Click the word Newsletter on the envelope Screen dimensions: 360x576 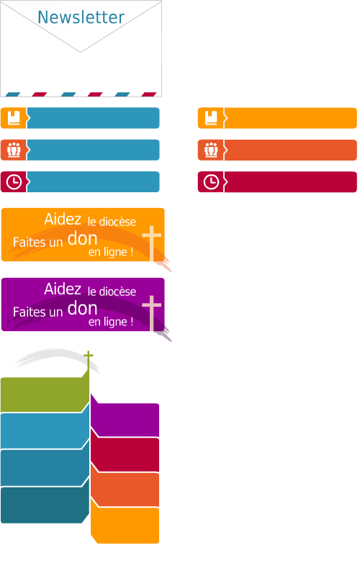pos(81,17)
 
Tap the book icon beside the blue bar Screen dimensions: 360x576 pos(14,118)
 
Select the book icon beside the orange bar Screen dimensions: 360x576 pos(211,118)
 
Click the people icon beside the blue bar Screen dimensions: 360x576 pos(14,150)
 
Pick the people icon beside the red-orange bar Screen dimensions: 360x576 pos(211,150)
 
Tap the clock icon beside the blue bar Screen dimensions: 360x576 pos(14,182)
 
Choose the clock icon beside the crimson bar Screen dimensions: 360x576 pos(211,182)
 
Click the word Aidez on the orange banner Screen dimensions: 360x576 pos(63,220)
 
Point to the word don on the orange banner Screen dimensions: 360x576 pos(82,239)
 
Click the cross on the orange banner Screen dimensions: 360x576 pos(152,243)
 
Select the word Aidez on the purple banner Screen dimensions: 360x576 pos(63,289)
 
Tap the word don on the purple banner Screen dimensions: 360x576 pos(82,309)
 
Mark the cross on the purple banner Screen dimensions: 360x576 pos(152,313)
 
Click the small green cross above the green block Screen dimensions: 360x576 pos(88,360)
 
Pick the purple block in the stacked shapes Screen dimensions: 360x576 pos(125,419)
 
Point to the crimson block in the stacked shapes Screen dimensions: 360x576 pos(125,454)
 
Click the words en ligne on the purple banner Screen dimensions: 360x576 pos(111,322)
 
